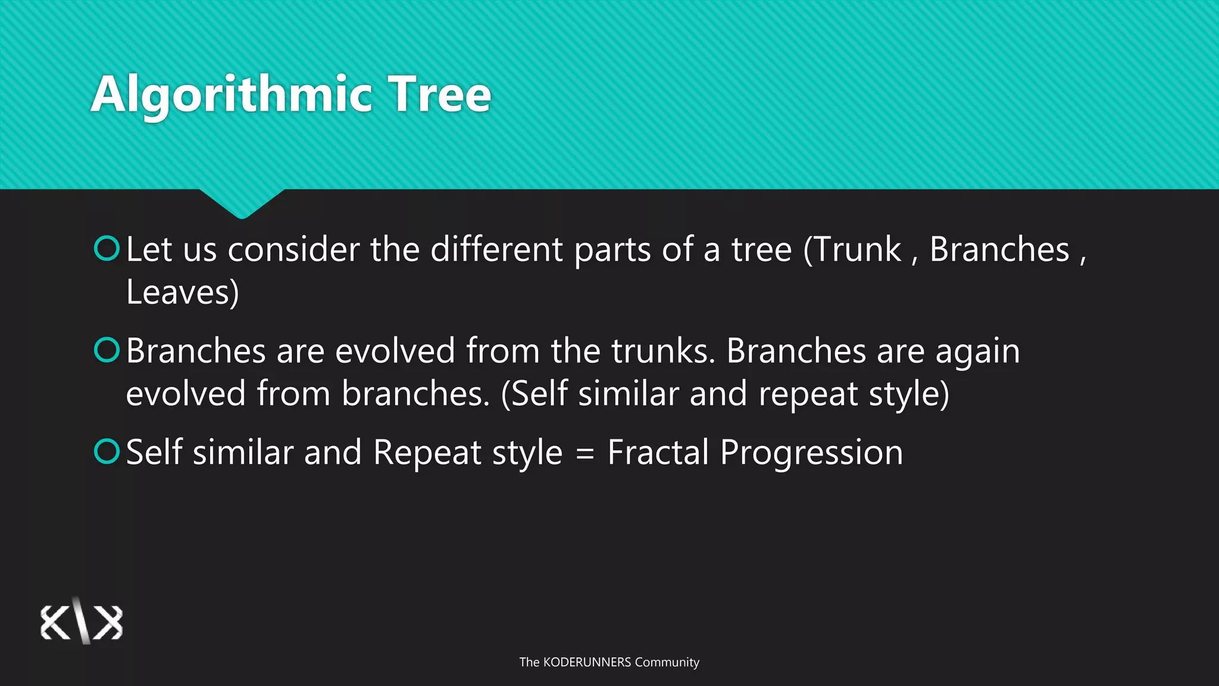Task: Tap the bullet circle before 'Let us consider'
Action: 107,248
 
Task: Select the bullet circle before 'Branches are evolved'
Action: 107,350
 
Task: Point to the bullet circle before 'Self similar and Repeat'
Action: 107,451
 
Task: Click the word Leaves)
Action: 183,292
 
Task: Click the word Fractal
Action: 658,452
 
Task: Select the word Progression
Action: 811,453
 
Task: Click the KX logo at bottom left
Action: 82,622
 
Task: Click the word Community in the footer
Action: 667,662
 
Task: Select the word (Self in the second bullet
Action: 534,394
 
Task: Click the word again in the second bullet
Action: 977,352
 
